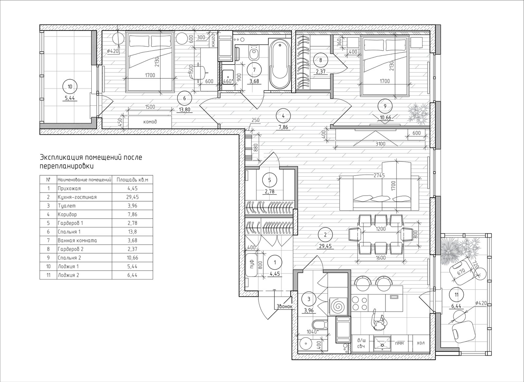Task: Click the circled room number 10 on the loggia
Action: pyautogui.click(x=70, y=86)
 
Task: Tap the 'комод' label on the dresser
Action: pyautogui.click(x=150, y=122)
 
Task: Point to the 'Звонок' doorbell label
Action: pyautogui.click(x=285, y=306)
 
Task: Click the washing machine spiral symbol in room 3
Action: pyautogui.click(x=338, y=306)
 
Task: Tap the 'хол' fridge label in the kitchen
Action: pyautogui.click(x=421, y=343)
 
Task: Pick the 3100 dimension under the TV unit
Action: pyautogui.click(x=380, y=144)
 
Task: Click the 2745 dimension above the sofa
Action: pyautogui.click(x=379, y=175)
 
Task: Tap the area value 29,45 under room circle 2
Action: pyautogui.click(x=325, y=246)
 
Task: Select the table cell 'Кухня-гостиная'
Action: pyautogui.click(x=77, y=197)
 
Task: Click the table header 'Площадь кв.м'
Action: pyautogui.click(x=132, y=180)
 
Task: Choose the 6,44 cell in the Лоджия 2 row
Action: pyautogui.click(x=132, y=275)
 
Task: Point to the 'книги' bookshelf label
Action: pyautogui.click(x=213, y=41)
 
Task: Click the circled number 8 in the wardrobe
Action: pyautogui.click(x=321, y=60)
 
